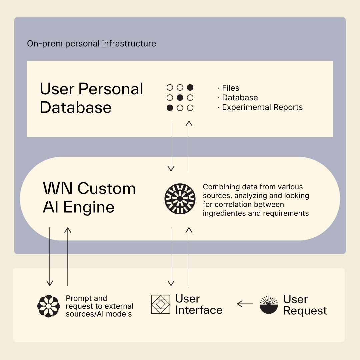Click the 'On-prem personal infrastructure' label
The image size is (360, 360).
(91, 43)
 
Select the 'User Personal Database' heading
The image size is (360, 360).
(91, 98)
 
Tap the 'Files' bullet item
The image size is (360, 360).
(230, 88)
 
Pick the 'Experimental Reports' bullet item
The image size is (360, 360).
(262, 107)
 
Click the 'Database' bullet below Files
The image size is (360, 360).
(240, 98)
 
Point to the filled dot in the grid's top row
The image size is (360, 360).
(190, 88)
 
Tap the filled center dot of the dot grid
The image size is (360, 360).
(180, 98)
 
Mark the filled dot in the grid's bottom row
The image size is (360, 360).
(170, 108)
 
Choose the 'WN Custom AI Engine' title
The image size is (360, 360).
(89, 198)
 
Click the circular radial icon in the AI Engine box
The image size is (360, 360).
(180, 199)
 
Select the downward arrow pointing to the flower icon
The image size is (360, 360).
(50, 257)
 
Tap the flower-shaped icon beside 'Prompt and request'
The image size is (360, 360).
(48, 306)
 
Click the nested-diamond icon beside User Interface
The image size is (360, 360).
(160, 304)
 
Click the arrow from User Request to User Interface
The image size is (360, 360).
(245, 304)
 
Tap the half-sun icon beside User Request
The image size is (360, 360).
(269, 305)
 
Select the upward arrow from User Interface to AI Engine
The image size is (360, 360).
(189, 257)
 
